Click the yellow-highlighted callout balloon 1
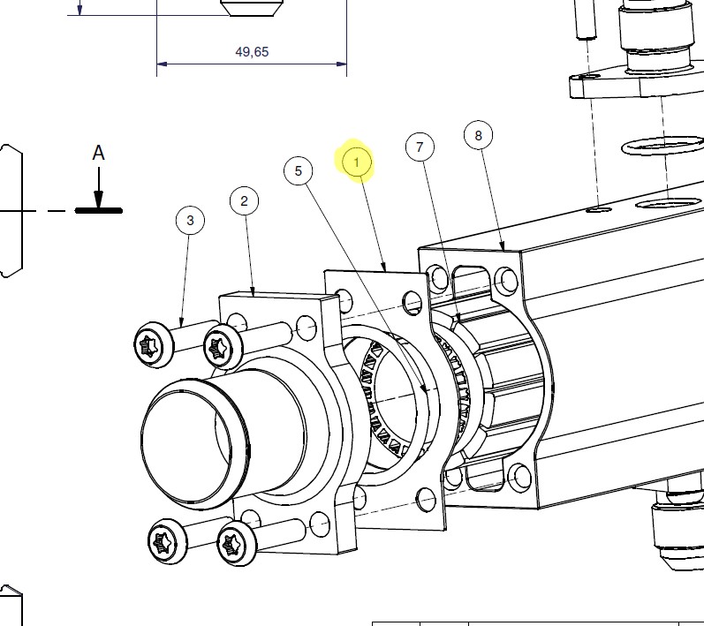point(357,162)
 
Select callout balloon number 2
point(245,200)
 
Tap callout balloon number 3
point(191,221)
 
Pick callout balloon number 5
point(299,171)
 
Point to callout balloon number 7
point(420,147)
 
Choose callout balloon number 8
point(478,135)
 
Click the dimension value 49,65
point(252,51)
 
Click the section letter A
point(98,153)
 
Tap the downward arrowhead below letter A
point(98,199)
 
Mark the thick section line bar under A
point(98,210)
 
